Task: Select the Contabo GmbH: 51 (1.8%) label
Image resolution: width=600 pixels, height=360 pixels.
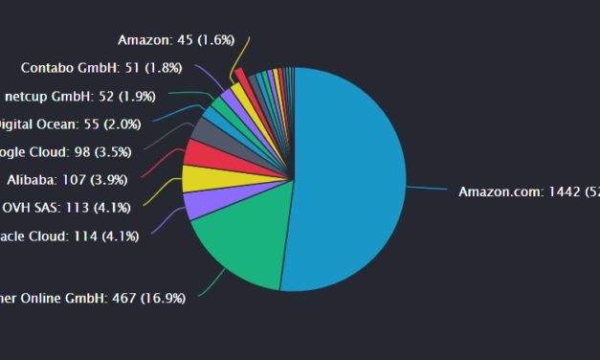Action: click(95, 68)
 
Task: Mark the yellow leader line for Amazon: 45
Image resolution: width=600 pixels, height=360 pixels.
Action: click(246, 54)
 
